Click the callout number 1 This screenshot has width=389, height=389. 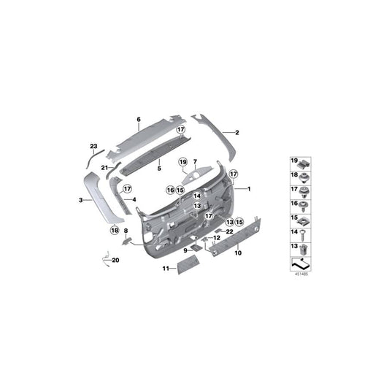tap(248, 189)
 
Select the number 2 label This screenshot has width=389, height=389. tap(237, 132)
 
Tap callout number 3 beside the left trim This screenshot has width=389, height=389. tap(80, 198)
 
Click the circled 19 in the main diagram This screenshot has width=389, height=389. tap(183, 161)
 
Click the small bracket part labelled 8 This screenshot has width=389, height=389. tap(127, 238)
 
